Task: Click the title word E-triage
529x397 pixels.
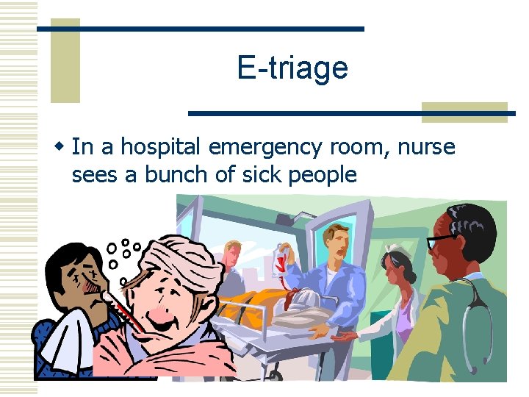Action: coord(292,68)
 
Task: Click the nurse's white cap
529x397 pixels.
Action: coord(395,248)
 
